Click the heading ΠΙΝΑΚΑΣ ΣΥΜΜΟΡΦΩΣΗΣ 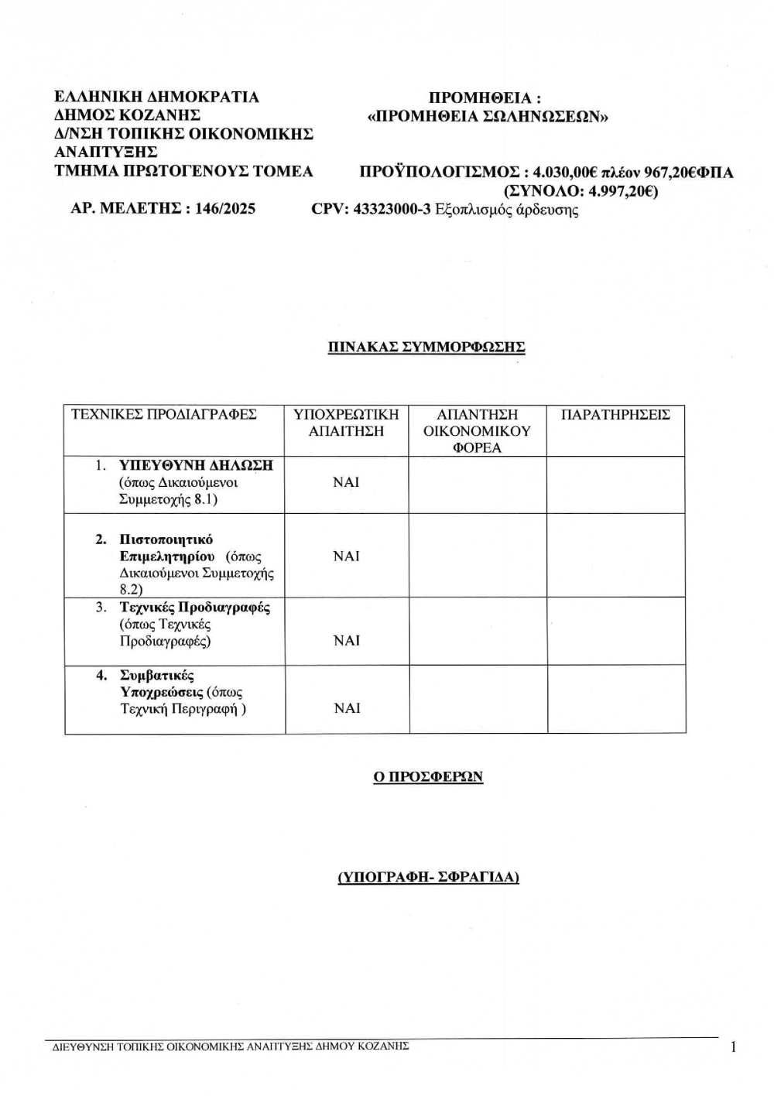click(x=426, y=347)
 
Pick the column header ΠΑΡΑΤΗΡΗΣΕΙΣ click(x=615, y=415)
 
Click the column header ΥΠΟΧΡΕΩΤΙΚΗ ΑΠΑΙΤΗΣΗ click(x=346, y=423)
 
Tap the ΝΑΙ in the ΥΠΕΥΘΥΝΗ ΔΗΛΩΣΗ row click(x=346, y=482)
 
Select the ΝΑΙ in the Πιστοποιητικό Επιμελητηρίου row click(x=346, y=557)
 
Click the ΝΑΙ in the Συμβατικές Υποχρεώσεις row click(x=346, y=708)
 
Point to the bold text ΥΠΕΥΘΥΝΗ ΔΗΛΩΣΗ click(x=196, y=465)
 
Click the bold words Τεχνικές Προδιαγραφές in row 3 click(x=194, y=608)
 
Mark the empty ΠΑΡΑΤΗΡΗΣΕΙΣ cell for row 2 click(x=615, y=556)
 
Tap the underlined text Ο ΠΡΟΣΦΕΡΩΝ click(x=428, y=776)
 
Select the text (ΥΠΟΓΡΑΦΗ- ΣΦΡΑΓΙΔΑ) click(x=428, y=877)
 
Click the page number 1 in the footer click(x=732, y=1047)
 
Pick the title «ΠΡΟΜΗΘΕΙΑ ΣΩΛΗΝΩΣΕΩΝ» click(x=488, y=117)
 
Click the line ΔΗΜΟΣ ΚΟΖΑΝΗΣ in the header click(x=128, y=115)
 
